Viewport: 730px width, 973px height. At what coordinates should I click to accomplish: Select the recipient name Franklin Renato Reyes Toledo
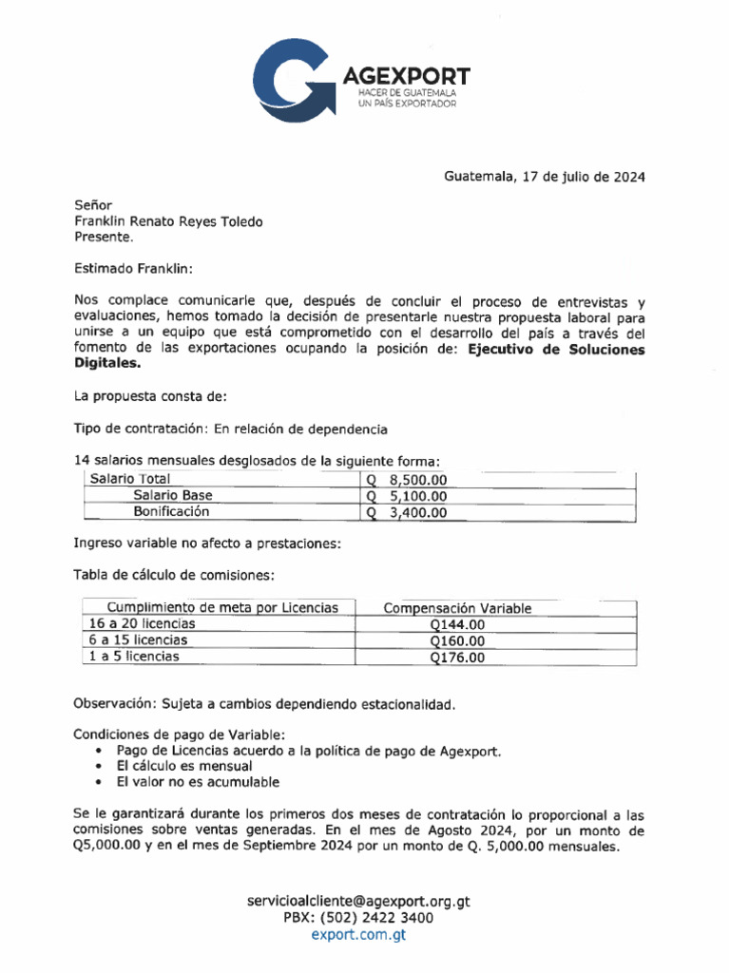click(x=168, y=221)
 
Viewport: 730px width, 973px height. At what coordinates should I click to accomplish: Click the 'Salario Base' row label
click(x=172, y=496)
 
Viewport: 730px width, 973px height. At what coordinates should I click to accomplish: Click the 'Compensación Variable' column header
click(x=456, y=608)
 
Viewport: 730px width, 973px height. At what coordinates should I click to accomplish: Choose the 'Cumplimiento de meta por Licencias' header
click(x=221, y=607)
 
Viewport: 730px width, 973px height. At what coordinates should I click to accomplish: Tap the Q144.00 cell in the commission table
click(x=456, y=624)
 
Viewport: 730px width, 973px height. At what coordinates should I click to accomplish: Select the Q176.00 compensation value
click(x=456, y=657)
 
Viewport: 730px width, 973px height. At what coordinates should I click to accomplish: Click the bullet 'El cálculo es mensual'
click(x=183, y=766)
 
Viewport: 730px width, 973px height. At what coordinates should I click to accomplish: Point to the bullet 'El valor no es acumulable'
click(x=198, y=782)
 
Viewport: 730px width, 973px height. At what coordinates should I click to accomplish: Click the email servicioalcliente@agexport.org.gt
click(x=358, y=901)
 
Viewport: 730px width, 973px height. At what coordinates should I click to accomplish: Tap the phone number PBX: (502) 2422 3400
click(x=358, y=918)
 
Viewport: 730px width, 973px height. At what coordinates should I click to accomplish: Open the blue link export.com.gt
click(x=358, y=935)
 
